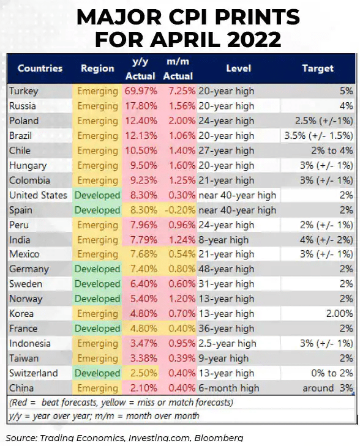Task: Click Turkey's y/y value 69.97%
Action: [x=141, y=91]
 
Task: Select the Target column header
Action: [x=318, y=69]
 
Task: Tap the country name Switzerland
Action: [x=33, y=373]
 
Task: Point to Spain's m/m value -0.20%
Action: [x=180, y=210]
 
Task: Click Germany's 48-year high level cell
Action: [x=227, y=269]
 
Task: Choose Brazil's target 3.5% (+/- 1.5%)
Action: [x=318, y=136]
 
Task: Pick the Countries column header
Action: [x=40, y=69]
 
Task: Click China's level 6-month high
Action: [x=229, y=388]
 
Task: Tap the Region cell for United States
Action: [x=97, y=195]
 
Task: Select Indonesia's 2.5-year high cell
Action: [x=227, y=344]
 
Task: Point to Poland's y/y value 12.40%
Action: [x=141, y=121]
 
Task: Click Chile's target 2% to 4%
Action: [x=332, y=151]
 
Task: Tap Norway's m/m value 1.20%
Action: [x=182, y=299]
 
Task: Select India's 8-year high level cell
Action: [x=223, y=240]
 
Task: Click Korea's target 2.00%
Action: [x=340, y=314]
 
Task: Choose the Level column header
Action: [x=239, y=69]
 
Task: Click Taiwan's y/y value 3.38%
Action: [x=143, y=359]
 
